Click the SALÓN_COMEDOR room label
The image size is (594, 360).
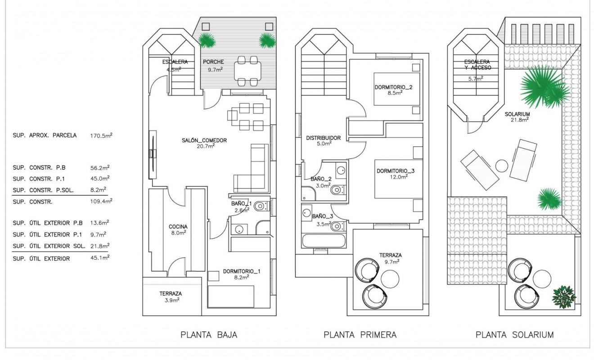tap(205, 140)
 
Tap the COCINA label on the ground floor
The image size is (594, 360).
tap(178, 227)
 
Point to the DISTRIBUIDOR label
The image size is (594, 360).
tap(323, 138)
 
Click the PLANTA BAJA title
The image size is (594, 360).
tap(208, 335)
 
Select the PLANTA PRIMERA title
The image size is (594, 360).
tap(360, 335)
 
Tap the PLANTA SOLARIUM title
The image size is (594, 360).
tap(514, 335)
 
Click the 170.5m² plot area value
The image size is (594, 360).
tap(101, 135)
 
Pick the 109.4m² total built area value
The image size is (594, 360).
tap(101, 201)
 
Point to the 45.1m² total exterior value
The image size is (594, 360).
tap(101, 258)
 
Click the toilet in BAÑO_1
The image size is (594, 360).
tap(260, 207)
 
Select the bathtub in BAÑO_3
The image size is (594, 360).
tap(324, 240)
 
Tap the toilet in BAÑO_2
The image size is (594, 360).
tap(337, 190)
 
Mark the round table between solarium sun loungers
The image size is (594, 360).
tap(502, 166)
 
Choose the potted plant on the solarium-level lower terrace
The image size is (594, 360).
tap(564, 297)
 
